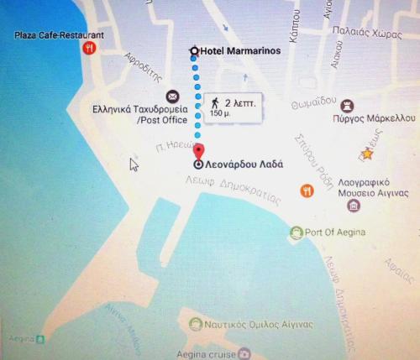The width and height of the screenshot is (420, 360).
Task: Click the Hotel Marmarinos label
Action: [240, 51]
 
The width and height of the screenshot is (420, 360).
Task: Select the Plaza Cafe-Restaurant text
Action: [59, 35]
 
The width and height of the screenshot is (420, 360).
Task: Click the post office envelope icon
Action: [172, 96]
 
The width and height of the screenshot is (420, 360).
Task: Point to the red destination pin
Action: [198, 154]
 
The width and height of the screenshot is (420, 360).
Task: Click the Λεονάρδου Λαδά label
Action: [245, 164]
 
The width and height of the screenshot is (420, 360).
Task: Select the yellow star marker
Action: [366, 154]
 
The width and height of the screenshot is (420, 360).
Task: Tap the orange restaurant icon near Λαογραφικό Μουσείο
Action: [307, 190]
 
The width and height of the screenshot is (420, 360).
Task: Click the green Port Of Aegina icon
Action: [295, 232]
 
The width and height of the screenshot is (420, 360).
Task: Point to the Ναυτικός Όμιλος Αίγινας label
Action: [258, 324]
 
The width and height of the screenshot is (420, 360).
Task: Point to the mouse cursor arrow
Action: [133, 164]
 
